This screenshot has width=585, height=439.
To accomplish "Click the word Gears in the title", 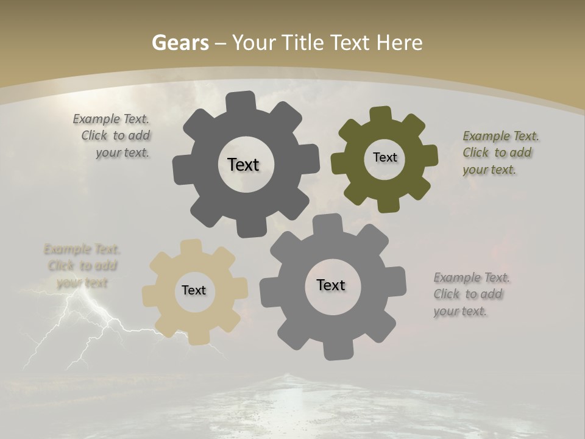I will tap(180, 43).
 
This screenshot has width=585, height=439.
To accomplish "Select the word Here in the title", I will tap(399, 43).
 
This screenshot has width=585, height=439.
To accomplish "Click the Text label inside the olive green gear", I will tap(385, 157).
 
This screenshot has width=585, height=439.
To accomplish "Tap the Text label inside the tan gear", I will tap(194, 290).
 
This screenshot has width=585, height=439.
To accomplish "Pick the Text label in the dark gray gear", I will tap(243, 165).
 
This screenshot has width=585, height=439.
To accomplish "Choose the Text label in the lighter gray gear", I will tap(331, 285).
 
